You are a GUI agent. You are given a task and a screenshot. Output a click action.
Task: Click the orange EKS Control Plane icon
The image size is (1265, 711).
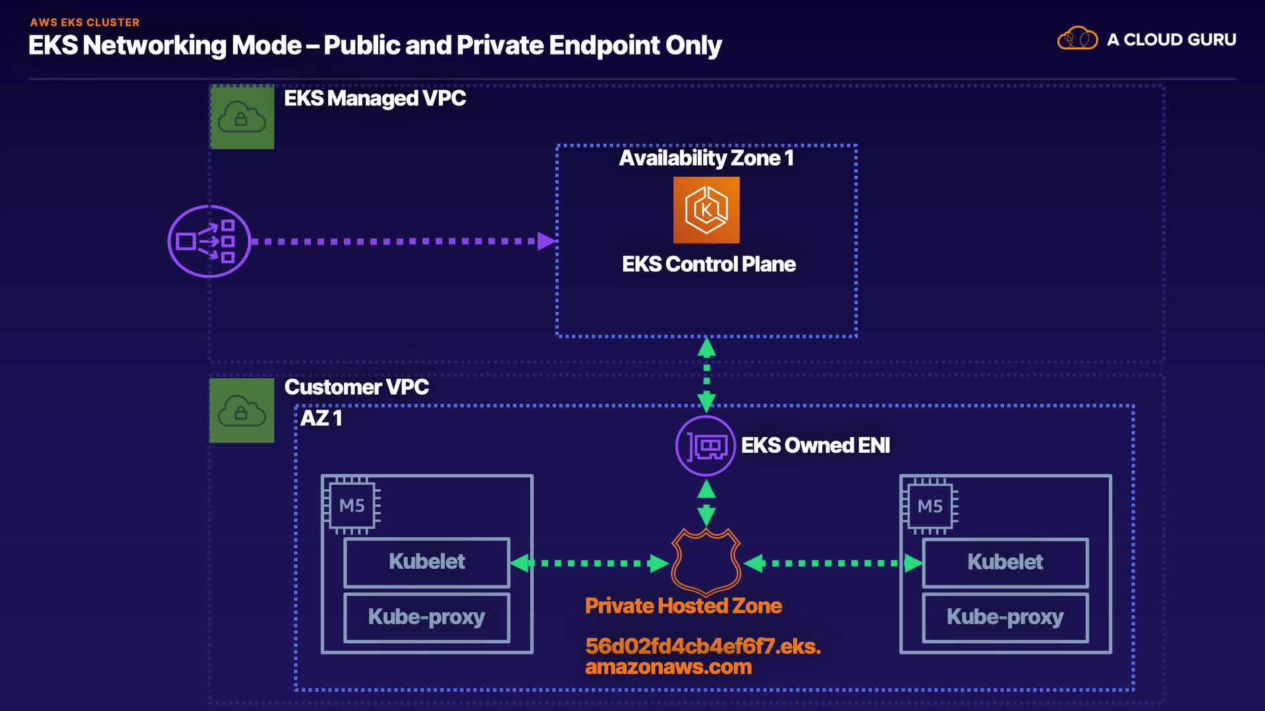click(x=706, y=210)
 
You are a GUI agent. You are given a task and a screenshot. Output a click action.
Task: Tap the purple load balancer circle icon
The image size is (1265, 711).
click(x=209, y=242)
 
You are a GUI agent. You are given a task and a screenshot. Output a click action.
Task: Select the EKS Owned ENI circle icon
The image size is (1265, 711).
click(x=706, y=446)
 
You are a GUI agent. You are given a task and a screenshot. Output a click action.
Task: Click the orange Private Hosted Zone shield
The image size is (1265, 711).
click(x=706, y=562)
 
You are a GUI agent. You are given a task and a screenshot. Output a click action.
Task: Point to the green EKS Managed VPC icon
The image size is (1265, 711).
click(x=242, y=117)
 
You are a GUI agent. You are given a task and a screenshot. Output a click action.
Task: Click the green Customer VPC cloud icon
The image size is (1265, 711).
click(x=242, y=410)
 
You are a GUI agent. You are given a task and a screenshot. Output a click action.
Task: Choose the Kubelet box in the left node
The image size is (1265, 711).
click(x=427, y=562)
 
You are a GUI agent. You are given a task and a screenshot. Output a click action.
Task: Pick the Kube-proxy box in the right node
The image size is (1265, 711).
click(x=1005, y=618)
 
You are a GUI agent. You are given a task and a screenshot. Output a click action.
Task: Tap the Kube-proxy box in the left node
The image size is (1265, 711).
click(x=427, y=618)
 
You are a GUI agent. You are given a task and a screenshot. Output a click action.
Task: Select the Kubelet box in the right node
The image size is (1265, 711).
click(x=1005, y=562)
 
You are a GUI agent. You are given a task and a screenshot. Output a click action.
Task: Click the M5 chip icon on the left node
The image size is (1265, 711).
click(x=352, y=506)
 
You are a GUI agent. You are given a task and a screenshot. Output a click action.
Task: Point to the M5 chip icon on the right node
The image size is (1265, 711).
click(x=930, y=506)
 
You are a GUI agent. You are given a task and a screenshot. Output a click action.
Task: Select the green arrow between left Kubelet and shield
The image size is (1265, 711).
click(x=590, y=564)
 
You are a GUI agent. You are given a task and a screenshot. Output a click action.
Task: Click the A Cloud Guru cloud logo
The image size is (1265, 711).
click(x=1077, y=39)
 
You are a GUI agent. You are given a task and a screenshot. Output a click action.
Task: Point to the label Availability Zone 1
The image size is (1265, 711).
click(x=706, y=158)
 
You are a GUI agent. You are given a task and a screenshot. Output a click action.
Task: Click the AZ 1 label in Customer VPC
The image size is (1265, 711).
click(x=322, y=418)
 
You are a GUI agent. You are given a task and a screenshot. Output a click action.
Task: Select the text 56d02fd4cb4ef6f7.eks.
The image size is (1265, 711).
click(x=703, y=646)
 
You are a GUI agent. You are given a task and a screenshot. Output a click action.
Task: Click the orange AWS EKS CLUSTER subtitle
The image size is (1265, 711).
click(x=84, y=22)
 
